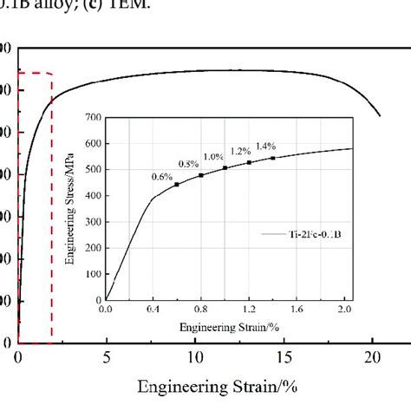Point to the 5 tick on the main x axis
pos(106,356)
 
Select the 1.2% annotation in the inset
pos(239,150)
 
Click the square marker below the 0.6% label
pos(177,184)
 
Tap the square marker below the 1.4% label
pos(272,158)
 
